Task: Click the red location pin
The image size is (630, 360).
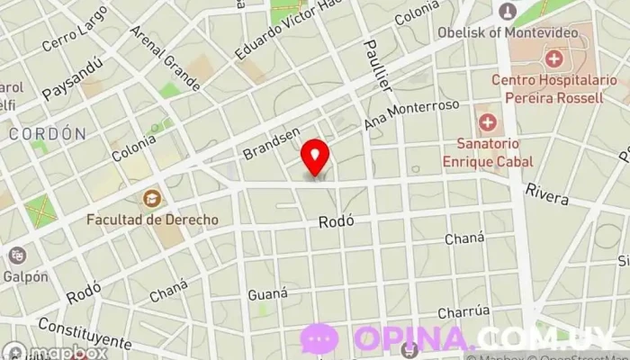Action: (x=315, y=157)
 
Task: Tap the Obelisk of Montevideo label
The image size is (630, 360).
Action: (x=519, y=33)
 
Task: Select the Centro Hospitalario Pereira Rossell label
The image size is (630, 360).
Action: (x=559, y=88)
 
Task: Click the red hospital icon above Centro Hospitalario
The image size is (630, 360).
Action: (x=553, y=60)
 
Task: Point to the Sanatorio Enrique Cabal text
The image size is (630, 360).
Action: (x=487, y=152)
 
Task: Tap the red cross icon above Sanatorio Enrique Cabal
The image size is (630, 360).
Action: (x=488, y=121)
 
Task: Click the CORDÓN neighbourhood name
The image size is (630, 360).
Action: (x=48, y=133)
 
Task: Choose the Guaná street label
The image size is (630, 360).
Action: (x=267, y=293)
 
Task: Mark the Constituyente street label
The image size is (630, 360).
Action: (x=85, y=332)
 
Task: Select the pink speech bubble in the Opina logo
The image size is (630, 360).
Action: (x=320, y=338)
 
